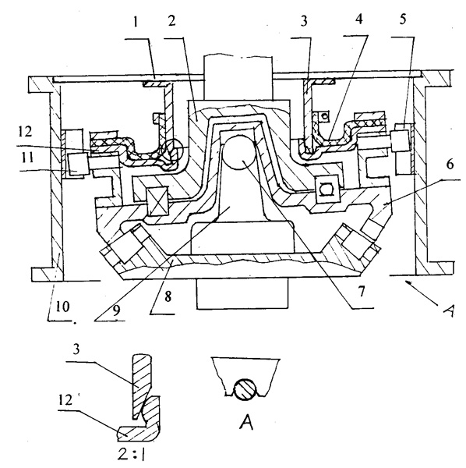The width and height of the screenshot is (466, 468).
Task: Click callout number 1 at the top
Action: [136, 22]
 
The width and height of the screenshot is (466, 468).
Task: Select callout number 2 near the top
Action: [171, 21]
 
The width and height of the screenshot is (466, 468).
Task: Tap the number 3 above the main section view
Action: [304, 21]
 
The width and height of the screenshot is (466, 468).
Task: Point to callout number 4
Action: [359, 19]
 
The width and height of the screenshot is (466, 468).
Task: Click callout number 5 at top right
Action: [403, 19]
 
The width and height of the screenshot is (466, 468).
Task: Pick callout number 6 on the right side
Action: [450, 164]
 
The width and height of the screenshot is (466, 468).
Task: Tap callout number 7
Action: [362, 291]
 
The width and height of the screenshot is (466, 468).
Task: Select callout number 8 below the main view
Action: [168, 296]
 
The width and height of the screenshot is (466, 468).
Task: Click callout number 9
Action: [116, 310]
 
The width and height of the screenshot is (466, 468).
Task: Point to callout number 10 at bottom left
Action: [62, 307]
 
